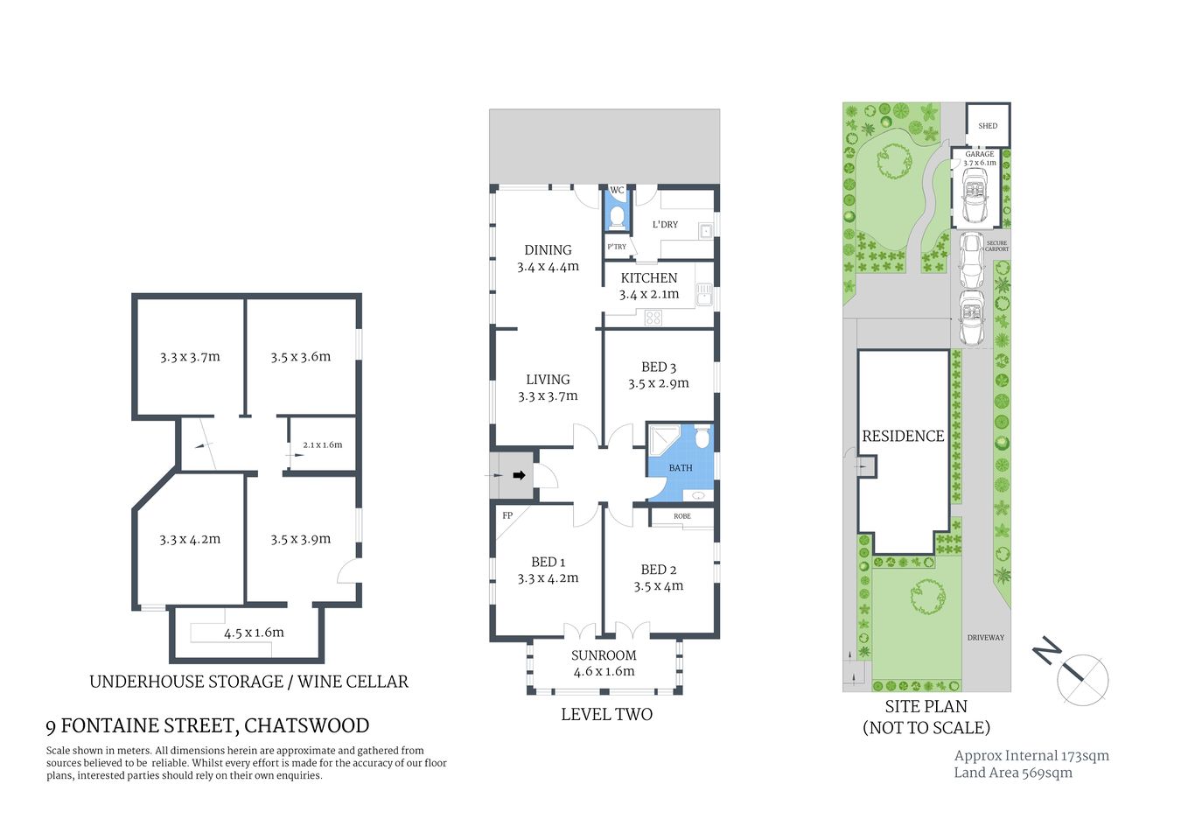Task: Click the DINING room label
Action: click(x=548, y=250)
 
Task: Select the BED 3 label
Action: click(x=658, y=367)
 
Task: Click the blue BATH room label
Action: click(x=680, y=468)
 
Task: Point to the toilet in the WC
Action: click(x=617, y=216)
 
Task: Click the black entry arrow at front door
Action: click(x=519, y=475)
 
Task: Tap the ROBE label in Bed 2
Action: click(x=681, y=516)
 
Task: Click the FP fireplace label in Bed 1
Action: click(x=507, y=515)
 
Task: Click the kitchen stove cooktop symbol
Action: click(x=653, y=318)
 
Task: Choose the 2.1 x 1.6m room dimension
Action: click(x=322, y=444)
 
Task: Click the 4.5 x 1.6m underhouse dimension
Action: click(x=254, y=633)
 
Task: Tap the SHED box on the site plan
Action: click(x=988, y=125)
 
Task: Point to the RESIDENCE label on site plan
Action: click(x=903, y=436)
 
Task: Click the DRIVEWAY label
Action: click(x=985, y=637)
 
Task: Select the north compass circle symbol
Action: click(x=1083, y=679)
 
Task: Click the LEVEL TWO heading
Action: click(x=606, y=714)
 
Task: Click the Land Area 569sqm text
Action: click(x=1012, y=773)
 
